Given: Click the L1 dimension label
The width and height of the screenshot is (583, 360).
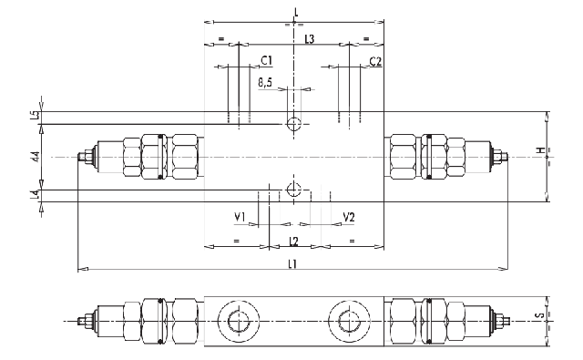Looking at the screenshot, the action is (292, 264).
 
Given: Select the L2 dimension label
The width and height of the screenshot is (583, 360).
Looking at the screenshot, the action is (293, 242).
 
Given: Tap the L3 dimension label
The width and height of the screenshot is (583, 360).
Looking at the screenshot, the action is (310, 39).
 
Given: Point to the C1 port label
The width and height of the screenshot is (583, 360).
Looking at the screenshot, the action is (266, 60).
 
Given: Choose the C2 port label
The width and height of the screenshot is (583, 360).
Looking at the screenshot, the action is (375, 61).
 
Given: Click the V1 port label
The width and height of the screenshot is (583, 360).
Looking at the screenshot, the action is (240, 217).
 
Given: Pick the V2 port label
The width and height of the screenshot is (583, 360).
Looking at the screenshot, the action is (349, 217).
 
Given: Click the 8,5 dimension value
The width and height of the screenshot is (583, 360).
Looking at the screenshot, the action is (265, 83).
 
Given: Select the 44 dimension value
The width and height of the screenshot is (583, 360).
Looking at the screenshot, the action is (36, 157).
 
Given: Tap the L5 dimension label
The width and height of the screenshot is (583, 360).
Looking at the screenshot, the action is (35, 115).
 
